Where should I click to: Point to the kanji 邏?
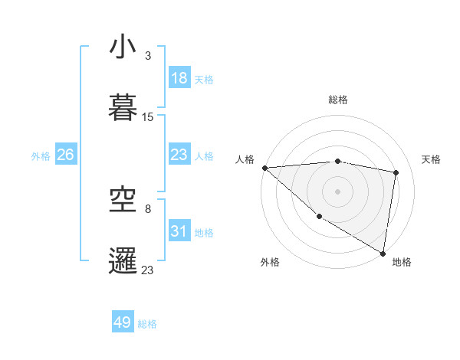(x=123, y=260)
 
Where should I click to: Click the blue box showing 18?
(x=179, y=78)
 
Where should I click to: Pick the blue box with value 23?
(x=179, y=155)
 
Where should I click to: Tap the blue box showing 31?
(x=179, y=231)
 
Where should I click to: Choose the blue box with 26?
(x=66, y=155)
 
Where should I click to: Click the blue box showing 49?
(x=123, y=322)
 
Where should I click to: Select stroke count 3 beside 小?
(x=148, y=56)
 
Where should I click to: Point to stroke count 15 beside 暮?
(x=148, y=117)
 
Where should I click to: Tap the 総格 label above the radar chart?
(x=338, y=100)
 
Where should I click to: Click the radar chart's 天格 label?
(x=431, y=159)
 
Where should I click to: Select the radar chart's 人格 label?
(x=245, y=159)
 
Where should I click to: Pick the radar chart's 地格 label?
(x=402, y=262)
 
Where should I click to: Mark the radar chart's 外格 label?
(x=270, y=262)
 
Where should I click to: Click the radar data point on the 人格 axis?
(x=264, y=168)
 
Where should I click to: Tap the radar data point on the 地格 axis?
(x=383, y=253)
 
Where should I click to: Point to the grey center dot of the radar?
(x=337, y=191)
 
